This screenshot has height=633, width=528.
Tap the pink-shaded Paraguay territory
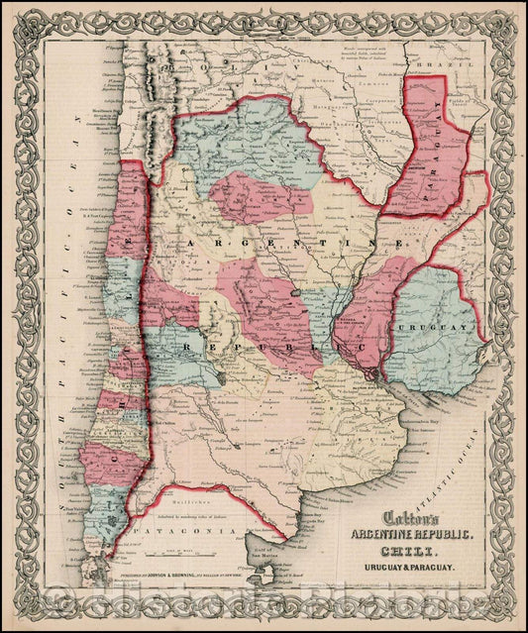(x=426, y=168)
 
